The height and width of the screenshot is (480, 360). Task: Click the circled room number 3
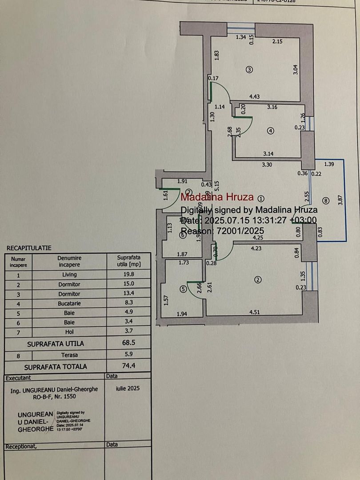click(249, 69)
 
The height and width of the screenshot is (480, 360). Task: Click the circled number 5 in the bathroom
click(184, 288)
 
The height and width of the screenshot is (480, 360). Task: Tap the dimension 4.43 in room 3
click(254, 96)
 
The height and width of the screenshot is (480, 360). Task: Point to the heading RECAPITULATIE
click(29, 248)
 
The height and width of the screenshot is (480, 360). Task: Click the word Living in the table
click(69, 275)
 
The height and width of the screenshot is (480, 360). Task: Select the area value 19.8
click(128, 275)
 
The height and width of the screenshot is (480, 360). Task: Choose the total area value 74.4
click(128, 367)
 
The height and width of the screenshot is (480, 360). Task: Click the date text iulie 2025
click(128, 388)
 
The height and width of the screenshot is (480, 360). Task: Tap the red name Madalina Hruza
click(217, 197)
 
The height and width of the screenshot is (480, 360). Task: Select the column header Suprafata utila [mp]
click(128, 261)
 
